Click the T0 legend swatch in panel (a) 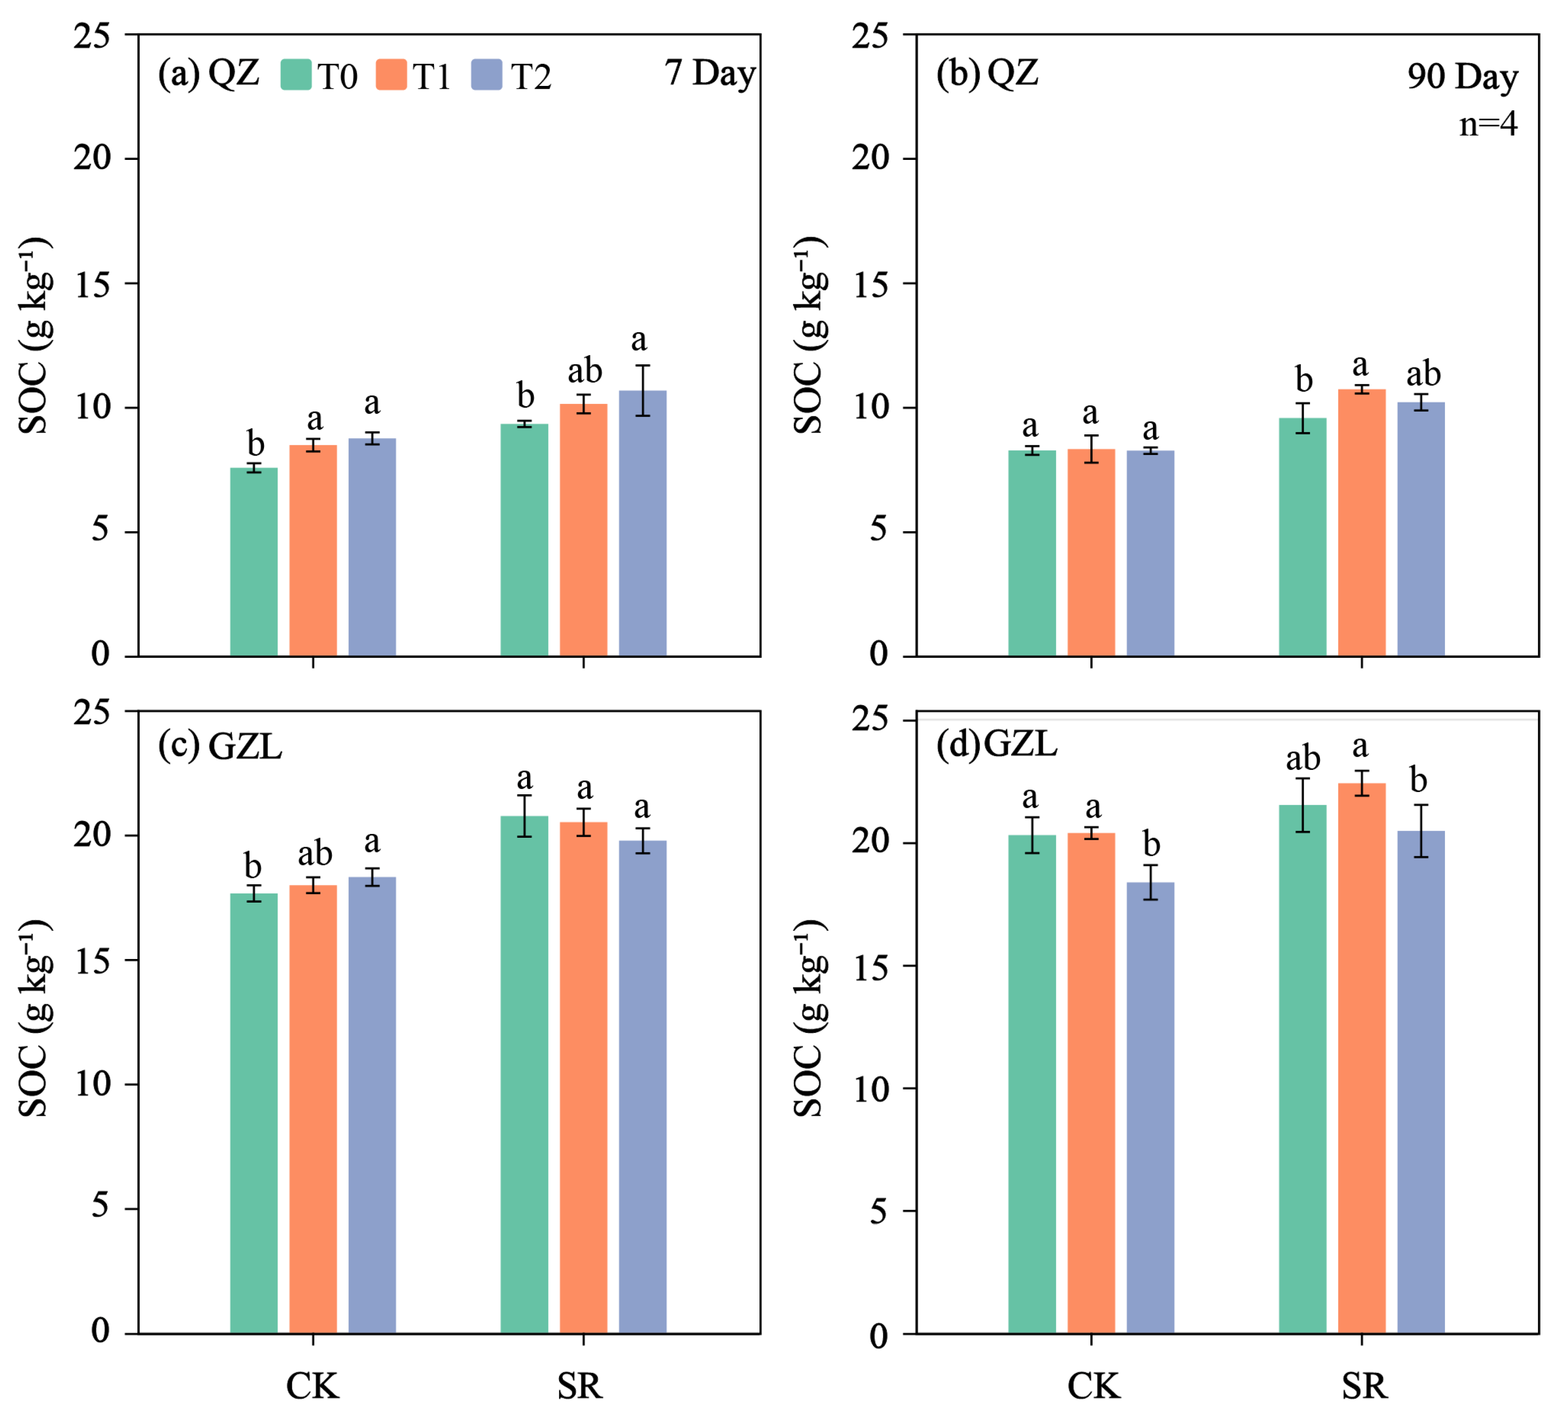point(296,75)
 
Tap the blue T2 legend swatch point(487,75)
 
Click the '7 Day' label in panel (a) point(710,74)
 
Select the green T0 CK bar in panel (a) point(254,562)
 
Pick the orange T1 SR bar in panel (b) point(1362,523)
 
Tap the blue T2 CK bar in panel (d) point(1150,1108)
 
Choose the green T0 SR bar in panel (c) point(524,1074)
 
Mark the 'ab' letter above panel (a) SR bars point(585,371)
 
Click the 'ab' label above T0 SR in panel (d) point(1303,758)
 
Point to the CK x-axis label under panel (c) point(313,1386)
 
